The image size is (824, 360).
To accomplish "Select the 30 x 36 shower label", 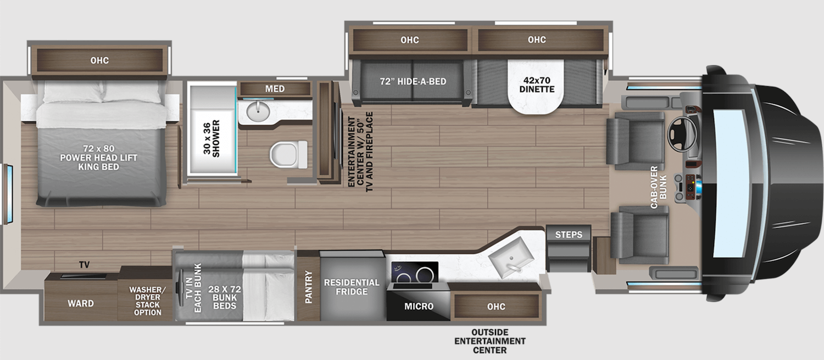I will point(211,138).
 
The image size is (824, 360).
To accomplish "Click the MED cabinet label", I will point(275,88).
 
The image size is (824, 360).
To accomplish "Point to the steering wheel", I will point(679,132).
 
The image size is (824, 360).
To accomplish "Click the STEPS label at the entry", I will point(569,235).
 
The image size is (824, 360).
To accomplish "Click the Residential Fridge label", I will point(352,287).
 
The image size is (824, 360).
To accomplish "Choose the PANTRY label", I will point(309,286).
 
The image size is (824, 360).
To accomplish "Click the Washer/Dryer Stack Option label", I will point(145,301).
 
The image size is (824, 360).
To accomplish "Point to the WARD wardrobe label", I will point(80,303).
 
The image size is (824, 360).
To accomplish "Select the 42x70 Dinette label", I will point(537,85).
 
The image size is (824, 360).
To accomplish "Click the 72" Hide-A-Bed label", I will point(413,81).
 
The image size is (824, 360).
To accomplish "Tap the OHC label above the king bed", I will point(99,60).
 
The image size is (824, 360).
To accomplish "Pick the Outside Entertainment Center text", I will point(497,341).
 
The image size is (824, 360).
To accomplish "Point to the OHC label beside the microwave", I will point(495,306).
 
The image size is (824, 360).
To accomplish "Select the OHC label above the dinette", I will point(537,40).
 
